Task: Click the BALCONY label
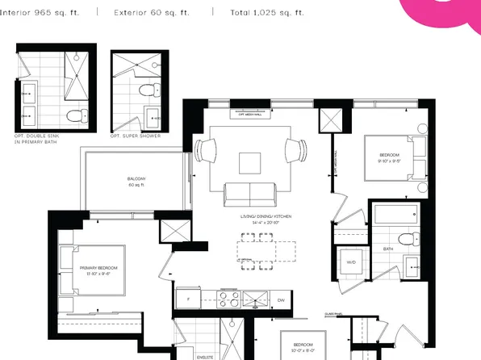coord(136,180)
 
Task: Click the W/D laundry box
coord(351,263)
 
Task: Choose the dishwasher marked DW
coord(281,299)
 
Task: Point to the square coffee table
coord(250,163)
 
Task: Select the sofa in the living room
coord(249,194)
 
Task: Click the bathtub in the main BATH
coord(395,216)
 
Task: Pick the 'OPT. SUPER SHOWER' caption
coord(136,136)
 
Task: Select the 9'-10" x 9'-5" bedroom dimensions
coord(384,161)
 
